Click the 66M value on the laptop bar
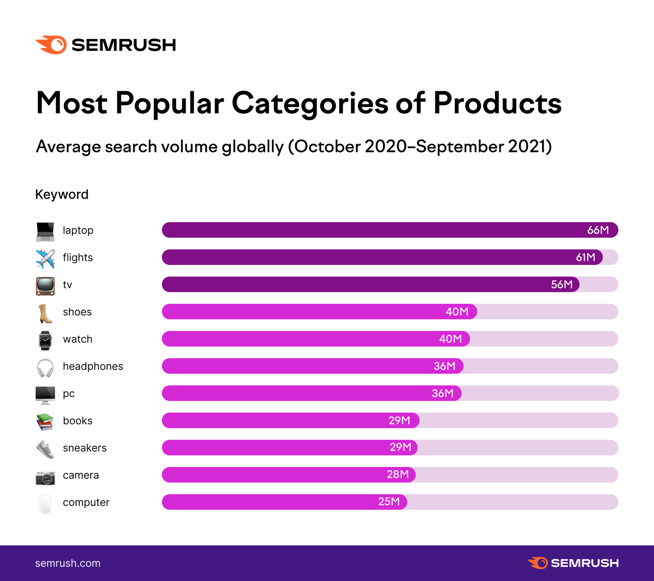[x=598, y=230]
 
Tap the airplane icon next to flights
[x=45, y=258]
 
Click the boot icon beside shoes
[x=45, y=313]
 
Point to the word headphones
[x=93, y=366]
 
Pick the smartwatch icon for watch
[x=45, y=340]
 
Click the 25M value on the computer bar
[x=389, y=502]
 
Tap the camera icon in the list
[x=45, y=477]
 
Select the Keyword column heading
[x=62, y=194]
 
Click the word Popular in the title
[x=169, y=103]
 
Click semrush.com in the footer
[x=67, y=563]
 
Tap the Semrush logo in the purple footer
[x=573, y=563]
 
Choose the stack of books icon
[x=45, y=422]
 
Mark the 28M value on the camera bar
[x=397, y=474]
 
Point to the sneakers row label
[x=85, y=448]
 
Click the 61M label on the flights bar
[x=585, y=257]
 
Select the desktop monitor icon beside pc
[x=45, y=395]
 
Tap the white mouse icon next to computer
[x=45, y=503]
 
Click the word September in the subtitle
[x=460, y=146]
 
